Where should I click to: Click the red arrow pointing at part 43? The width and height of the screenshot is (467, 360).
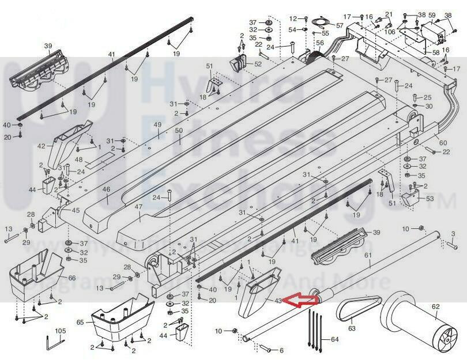point(303,300)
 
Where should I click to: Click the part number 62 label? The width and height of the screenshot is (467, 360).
point(435,306)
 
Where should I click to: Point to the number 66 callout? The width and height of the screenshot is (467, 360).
point(71,278)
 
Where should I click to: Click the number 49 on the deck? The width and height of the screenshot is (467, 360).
point(157,125)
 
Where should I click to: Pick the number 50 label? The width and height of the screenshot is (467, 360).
point(179,131)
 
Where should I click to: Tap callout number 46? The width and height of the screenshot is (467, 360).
point(106,189)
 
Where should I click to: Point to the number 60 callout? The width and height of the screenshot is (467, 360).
point(443,143)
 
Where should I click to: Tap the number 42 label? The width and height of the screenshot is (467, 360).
point(41,146)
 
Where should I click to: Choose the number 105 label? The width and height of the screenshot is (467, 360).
point(61,331)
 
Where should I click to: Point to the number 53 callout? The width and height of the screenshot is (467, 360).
point(430,199)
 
